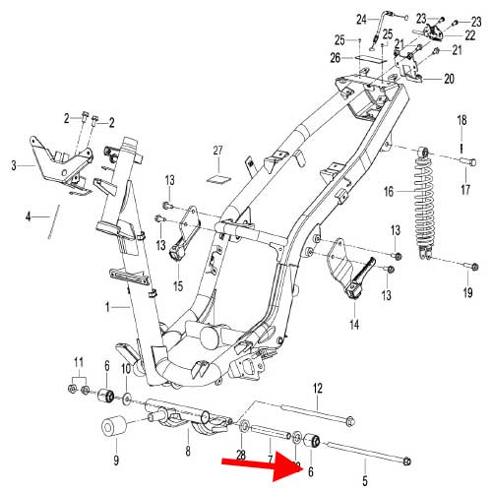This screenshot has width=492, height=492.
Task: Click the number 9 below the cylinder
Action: click(x=115, y=461)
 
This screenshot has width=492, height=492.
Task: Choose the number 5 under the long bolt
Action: click(x=365, y=481)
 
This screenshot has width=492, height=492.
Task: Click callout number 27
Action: click(x=218, y=151)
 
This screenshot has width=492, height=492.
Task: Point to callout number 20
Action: click(x=449, y=79)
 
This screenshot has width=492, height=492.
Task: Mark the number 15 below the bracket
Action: click(x=178, y=286)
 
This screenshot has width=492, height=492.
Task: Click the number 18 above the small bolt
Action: click(x=461, y=120)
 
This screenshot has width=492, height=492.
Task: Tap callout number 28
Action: click(x=240, y=455)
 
